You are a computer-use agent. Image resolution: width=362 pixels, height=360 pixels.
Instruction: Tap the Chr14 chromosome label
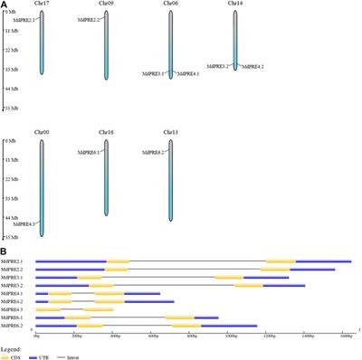click(236, 5)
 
